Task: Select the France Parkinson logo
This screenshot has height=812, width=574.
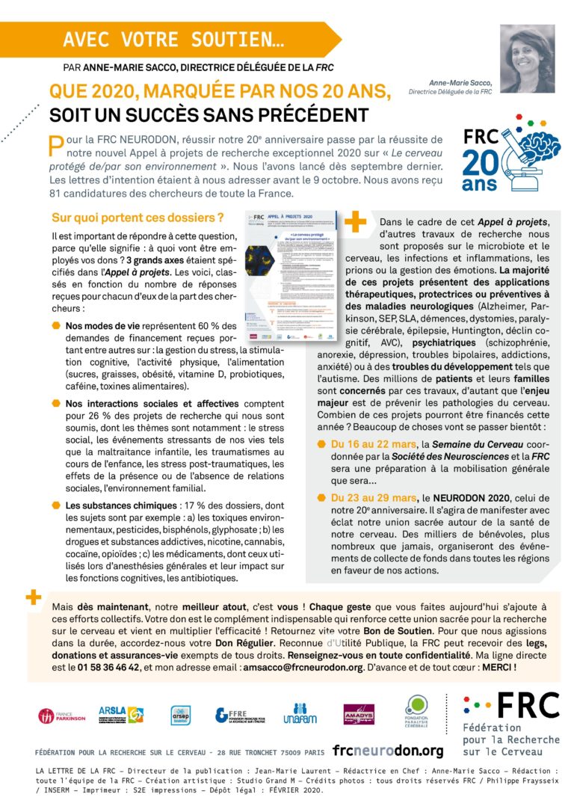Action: point(62,716)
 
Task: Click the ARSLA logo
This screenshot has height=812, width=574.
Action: point(120,715)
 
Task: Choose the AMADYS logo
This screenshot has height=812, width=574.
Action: point(358,715)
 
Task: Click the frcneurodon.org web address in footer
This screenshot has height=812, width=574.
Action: point(388,751)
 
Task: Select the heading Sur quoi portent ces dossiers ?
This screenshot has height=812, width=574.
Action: point(138,218)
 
